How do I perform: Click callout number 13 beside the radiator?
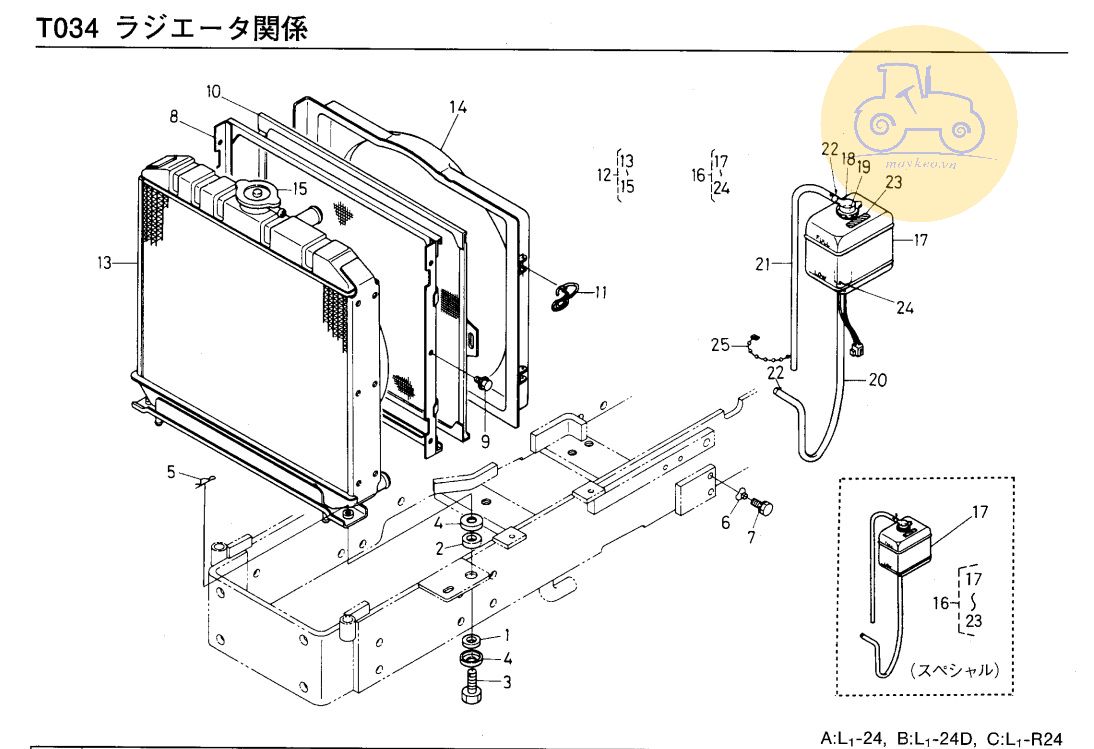click(x=104, y=263)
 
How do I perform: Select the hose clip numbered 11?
click(x=567, y=292)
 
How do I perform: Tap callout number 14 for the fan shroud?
click(x=458, y=107)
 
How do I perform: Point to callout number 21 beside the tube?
click(x=765, y=264)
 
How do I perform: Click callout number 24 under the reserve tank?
click(x=904, y=308)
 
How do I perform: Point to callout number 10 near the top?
click(x=213, y=91)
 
